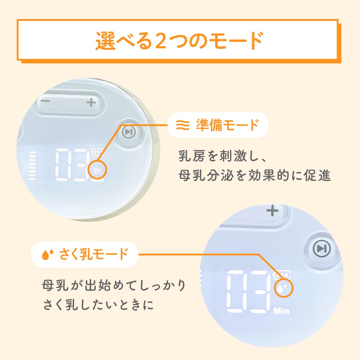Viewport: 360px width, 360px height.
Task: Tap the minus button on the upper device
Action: pos(46,101)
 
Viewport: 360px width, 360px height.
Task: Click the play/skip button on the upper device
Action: pos(129,132)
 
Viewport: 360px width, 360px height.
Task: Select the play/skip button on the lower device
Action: pos(321,248)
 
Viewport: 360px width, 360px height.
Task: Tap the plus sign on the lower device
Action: pos(273,211)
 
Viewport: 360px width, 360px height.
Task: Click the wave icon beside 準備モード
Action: pos(183,125)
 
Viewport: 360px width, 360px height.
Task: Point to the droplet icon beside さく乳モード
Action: pos(48,255)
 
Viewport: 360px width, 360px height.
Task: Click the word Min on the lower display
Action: pos(281,311)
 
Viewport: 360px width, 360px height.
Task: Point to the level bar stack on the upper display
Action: pos(32,165)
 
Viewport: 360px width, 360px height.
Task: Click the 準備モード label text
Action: pos(227,125)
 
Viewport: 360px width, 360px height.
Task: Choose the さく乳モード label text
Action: pos(94,255)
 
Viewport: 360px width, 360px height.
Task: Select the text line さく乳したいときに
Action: pos(98,305)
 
